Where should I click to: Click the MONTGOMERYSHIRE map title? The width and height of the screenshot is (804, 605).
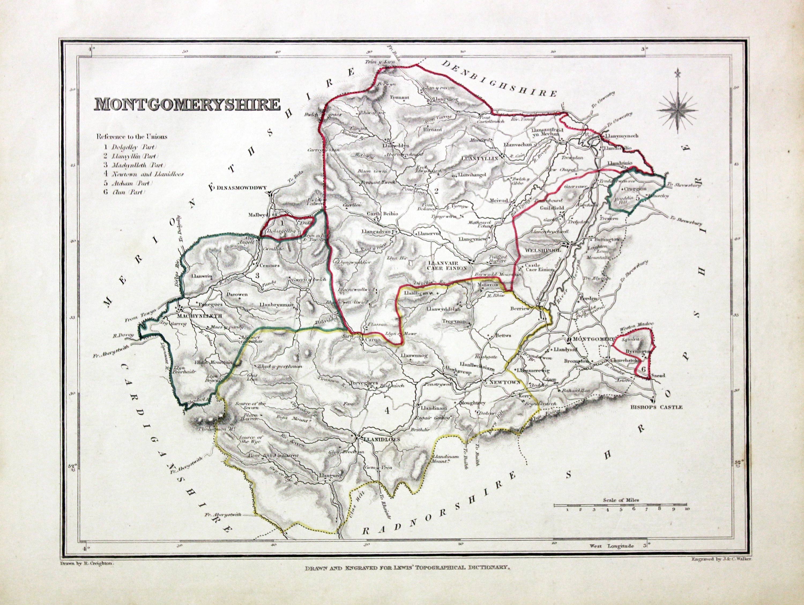point(188,104)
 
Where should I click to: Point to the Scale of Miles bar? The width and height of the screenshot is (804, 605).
point(620,505)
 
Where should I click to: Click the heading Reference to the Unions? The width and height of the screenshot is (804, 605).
point(132,137)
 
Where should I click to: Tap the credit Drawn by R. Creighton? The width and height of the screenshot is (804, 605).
point(86,562)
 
